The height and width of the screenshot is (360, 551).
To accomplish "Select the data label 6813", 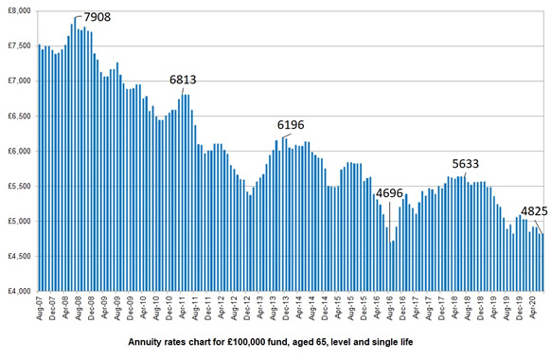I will point(186,81).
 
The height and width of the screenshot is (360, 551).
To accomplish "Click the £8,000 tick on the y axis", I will point(18,10).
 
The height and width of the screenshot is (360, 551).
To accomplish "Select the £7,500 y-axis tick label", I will point(18,45).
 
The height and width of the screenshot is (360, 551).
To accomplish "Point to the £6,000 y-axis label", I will point(18,151).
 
